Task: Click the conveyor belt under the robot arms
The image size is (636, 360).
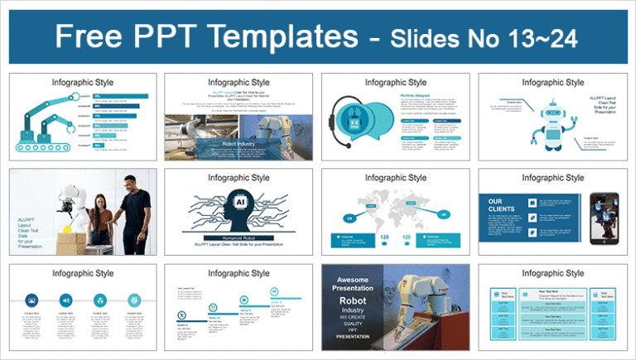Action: click(x=46, y=149)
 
